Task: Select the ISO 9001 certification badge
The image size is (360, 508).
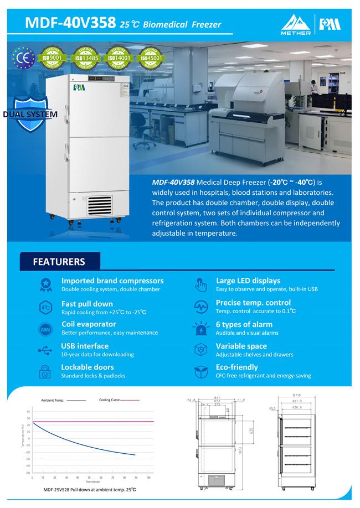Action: click(x=55, y=57)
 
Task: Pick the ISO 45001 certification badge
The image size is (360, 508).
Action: click(x=150, y=57)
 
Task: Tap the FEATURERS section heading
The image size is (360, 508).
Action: click(x=59, y=262)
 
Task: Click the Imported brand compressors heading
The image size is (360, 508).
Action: click(x=112, y=281)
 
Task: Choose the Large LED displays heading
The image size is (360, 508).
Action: click(x=248, y=281)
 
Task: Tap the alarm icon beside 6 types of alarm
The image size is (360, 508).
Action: click(x=200, y=328)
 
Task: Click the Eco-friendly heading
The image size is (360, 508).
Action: click(x=236, y=367)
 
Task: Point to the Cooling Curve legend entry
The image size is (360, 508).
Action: click(x=110, y=400)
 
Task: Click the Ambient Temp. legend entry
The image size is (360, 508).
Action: click(x=53, y=400)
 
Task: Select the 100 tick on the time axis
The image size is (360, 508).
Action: click(x=148, y=477)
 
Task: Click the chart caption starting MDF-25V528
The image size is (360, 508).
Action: click(x=90, y=490)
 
